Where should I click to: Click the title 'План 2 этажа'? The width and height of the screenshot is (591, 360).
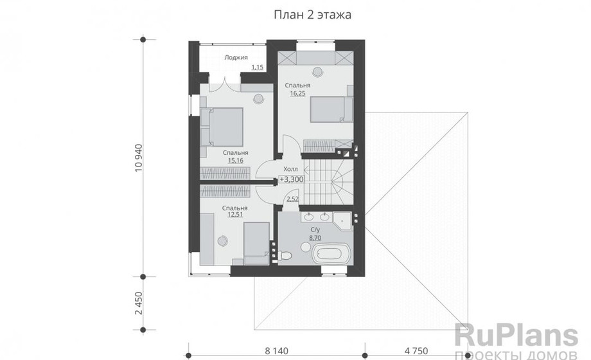[312, 15]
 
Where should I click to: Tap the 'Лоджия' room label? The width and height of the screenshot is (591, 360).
[236, 57]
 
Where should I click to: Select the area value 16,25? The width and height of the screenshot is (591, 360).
[297, 93]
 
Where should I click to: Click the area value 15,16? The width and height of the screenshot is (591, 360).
[235, 160]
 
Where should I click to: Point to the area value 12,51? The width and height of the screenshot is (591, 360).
[235, 215]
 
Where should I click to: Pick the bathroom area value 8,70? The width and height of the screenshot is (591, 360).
[315, 238]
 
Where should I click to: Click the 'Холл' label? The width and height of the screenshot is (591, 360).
[290, 169]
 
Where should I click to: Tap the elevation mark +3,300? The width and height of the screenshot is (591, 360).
[292, 179]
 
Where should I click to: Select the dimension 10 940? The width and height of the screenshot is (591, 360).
[139, 157]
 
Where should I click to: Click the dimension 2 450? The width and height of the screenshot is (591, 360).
[139, 303]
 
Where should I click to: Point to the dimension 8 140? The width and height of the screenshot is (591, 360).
[276, 351]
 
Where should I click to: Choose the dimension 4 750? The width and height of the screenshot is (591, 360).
[416, 351]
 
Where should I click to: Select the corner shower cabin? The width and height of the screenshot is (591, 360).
[342, 221]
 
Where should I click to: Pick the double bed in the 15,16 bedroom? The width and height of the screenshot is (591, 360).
[222, 127]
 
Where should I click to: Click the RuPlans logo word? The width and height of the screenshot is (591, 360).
[516, 335]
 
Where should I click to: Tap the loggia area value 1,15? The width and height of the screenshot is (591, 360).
[258, 67]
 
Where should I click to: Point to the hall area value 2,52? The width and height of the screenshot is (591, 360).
[292, 199]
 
